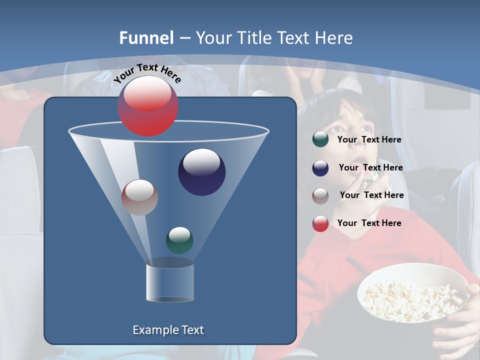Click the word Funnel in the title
click(x=146, y=37)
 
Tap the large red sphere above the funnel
click(x=148, y=105)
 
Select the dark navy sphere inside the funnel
click(x=201, y=172)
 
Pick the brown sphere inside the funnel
click(x=139, y=197)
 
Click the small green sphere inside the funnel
click(x=179, y=240)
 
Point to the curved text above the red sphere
click(x=147, y=73)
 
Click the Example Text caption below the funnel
click(x=168, y=330)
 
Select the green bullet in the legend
click(x=320, y=139)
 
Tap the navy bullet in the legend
click(x=320, y=168)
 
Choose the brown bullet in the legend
click(x=320, y=195)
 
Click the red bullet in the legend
click(x=320, y=223)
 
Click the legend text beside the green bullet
click(x=369, y=139)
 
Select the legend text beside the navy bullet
click(x=370, y=167)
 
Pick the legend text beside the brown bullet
click(x=371, y=195)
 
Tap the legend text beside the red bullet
click(x=369, y=223)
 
